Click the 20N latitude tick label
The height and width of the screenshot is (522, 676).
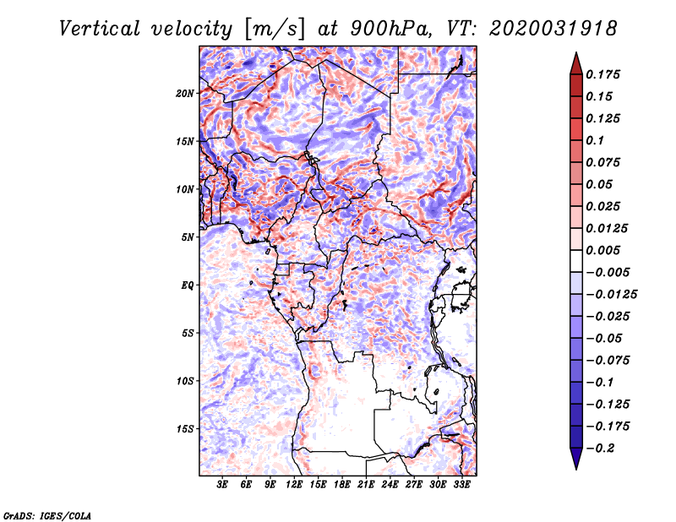click(185, 93)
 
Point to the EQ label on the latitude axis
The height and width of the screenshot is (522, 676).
click(187, 285)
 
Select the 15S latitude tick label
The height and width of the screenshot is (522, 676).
click(185, 429)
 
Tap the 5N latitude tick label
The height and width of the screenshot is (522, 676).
click(188, 237)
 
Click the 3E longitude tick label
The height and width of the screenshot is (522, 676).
click(223, 485)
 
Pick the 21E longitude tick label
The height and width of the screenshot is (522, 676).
click(366, 485)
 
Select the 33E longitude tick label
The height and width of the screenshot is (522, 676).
click(461, 485)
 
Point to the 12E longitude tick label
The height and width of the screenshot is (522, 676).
click(294, 485)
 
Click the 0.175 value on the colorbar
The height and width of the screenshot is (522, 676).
click(604, 74)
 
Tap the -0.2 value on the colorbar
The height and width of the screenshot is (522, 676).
click(601, 448)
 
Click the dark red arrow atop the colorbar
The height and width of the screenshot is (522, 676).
click(575, 62)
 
